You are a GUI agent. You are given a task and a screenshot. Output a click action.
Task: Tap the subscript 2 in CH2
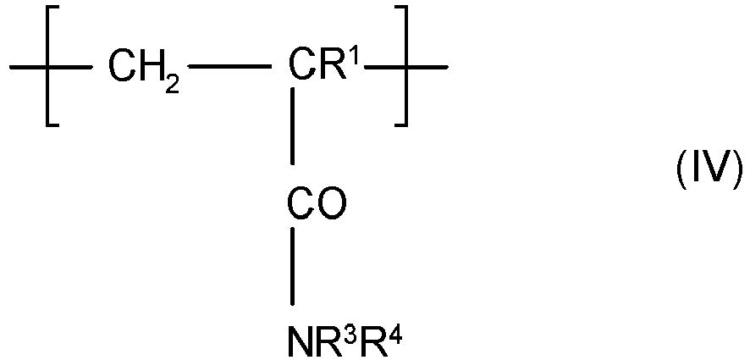click(173, 85)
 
